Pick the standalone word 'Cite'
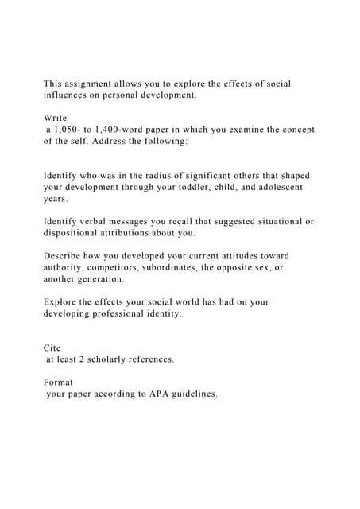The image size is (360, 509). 53,348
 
